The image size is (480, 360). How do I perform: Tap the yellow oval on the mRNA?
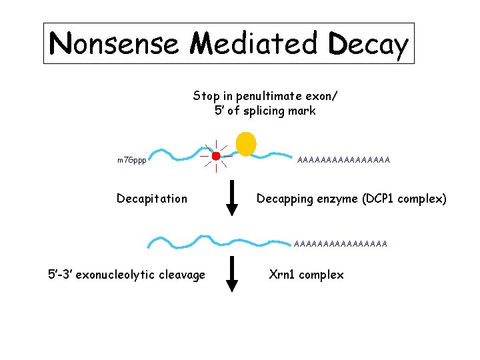click(x=246, y=143)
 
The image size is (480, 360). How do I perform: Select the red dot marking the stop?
click(x=216, y=156)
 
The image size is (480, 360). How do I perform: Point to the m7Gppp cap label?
click(x=131, y=161)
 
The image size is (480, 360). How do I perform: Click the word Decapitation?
click(x=152, y=199)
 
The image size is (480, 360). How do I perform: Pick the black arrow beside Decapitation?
click(x=232, y=199)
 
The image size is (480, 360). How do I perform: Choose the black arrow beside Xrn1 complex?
click(x=232, y=275)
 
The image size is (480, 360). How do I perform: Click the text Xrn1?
click(x=283, y=274)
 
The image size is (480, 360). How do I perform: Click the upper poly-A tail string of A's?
click(x=343, y=159)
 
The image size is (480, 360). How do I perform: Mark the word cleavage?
click(x=182, y=275)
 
